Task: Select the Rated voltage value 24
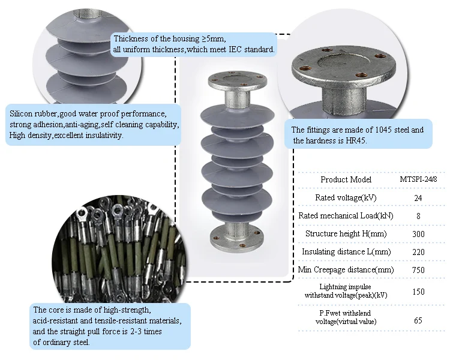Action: (x=418, y=197)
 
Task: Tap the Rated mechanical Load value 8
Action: (x=418, y=215)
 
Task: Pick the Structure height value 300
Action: (x=418, y=233)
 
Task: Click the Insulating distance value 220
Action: (x=418, y=251)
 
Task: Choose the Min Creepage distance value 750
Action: (x=418, y=270)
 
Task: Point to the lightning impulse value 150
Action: (x=418, y=292)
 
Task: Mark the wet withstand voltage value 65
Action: (x=418, y=320)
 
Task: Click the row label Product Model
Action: (x=346, y=179)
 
